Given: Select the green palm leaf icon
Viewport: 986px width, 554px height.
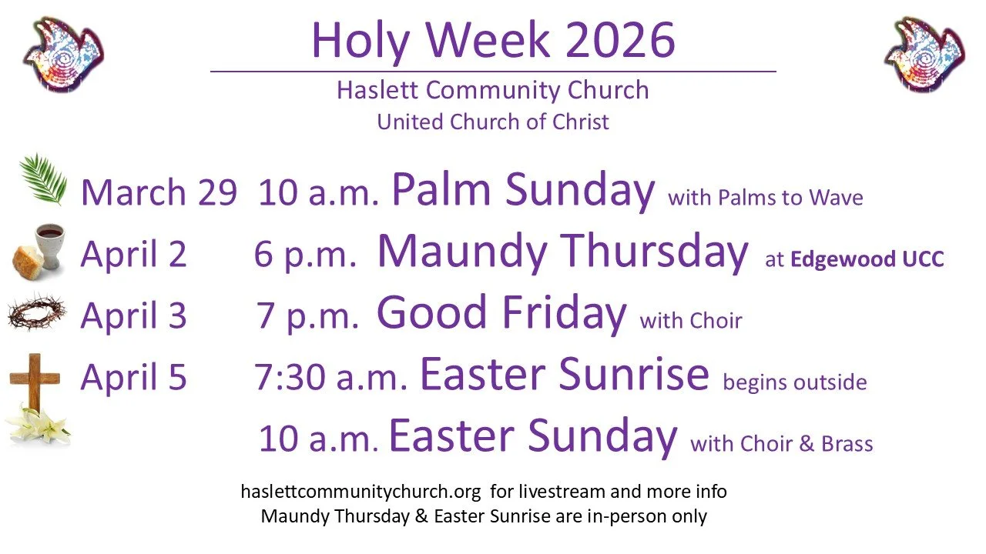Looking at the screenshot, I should [44, 179].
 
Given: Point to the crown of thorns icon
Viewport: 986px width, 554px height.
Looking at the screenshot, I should [39, 312].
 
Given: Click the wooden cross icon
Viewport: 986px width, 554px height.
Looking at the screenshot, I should [35, 380].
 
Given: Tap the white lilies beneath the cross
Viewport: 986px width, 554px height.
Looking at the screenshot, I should [37, 425].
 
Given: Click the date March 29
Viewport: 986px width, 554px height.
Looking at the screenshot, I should [158, 192].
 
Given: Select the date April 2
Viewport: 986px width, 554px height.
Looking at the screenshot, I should [133, 254].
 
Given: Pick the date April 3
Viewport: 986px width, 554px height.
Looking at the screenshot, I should [133, 315].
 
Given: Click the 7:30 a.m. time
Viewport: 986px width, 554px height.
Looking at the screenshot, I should [330, 378].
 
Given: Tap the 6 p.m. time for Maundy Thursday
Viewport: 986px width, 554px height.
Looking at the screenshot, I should [305, 254].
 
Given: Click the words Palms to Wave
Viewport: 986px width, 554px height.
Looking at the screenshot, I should [790, 198].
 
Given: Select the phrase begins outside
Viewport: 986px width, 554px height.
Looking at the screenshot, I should [794, 382].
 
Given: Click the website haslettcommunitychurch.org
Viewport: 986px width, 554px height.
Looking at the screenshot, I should [361, 491].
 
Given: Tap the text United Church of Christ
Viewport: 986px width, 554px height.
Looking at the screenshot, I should [493, 122].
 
